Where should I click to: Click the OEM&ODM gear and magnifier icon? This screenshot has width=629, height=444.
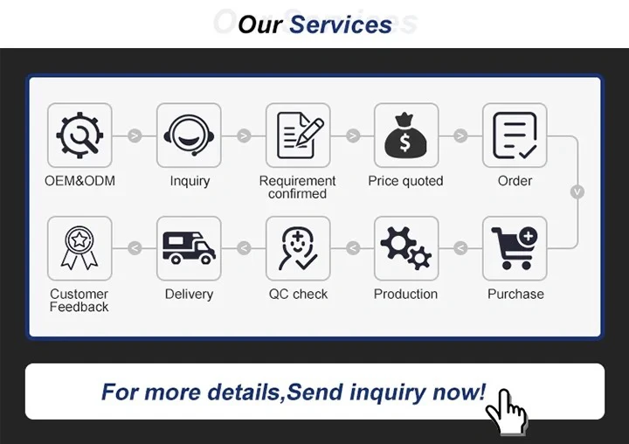point(79,135)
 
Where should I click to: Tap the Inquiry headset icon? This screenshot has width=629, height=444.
point(189,135)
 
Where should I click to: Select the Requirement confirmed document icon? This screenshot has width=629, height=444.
point(298,135)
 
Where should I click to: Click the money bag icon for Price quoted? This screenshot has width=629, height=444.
point(406,135)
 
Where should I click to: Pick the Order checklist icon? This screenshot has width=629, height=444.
point(515,135)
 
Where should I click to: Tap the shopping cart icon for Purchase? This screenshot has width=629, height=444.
point(515,248)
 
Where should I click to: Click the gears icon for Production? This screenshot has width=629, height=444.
point(406,248)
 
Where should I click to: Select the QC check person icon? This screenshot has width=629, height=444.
point(298,248)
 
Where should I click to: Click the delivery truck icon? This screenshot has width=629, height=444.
point(189,248)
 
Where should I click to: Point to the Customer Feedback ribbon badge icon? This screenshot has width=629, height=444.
point(79,248)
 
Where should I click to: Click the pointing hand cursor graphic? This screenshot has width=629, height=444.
point(507,410)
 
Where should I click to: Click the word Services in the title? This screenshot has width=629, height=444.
point(341,24)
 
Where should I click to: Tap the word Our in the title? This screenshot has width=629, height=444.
point(259,24)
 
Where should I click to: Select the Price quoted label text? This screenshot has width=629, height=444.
point(405,182)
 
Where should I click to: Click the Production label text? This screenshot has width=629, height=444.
point(405,295)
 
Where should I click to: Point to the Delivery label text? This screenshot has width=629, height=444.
point(189,295)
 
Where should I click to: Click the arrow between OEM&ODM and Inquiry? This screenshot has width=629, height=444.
point(135,135)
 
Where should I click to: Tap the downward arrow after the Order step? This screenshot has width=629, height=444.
point(577,191)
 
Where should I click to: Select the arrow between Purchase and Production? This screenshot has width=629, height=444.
point(460,248)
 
